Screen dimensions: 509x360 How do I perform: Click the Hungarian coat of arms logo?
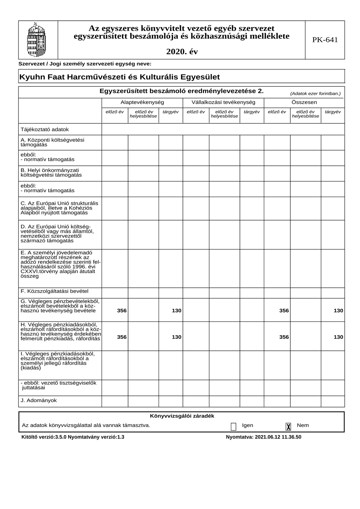click(x=36, y=40)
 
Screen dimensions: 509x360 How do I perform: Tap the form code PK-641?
click(x=325, y=40)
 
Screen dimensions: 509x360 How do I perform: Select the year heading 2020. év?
click(x=182, y=52)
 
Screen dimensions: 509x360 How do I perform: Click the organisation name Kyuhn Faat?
click(x=119, y=77)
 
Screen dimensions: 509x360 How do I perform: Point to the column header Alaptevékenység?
click(x=142, y=102)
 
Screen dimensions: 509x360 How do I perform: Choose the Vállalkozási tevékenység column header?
click(x=223, y=102)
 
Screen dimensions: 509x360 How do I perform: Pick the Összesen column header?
click(x=304, y=102)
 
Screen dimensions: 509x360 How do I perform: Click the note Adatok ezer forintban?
click(x=315, y=94)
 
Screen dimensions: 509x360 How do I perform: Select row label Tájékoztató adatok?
click(x=45, y=130)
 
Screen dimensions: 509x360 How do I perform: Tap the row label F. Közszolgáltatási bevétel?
click(x=54, y=291)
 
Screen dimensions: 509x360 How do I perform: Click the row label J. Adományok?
click(x=39, y=401)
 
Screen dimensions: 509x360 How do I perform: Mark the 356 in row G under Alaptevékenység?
click(x=122, y=311)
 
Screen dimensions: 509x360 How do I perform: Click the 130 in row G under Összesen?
click(x=338, y=311)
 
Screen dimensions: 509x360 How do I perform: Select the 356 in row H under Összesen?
click(x=284, y=337)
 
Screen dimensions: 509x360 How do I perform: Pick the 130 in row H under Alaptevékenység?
click(x=176, y=337)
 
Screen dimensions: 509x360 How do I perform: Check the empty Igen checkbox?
click(x=233, y=426)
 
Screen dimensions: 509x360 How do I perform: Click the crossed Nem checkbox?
click(x=289, y=426)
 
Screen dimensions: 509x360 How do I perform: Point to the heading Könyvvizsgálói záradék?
click(x=182, y=416)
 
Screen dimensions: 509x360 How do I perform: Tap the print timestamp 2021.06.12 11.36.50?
click(x=278, y=437)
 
